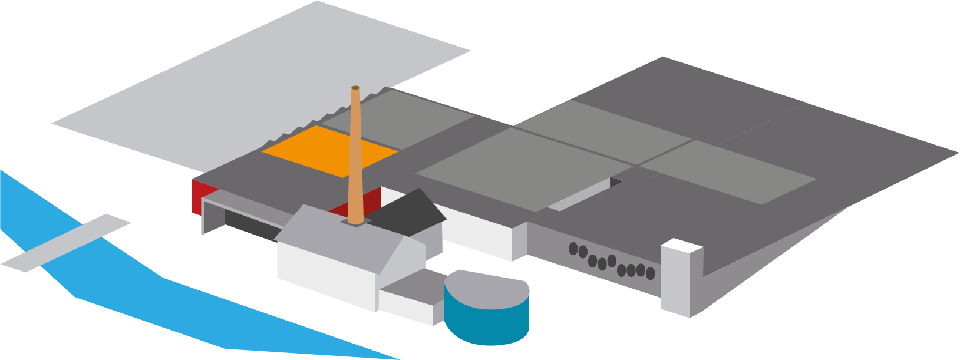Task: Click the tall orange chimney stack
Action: point(355,159)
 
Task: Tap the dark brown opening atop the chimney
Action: point(355,88)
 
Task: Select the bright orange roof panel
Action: point(330,151)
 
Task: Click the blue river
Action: point(177,306)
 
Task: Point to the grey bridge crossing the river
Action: point(65,243)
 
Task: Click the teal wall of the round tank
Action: point(486,324)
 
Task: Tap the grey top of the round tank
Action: point(486,289)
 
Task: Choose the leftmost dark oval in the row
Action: point(573,249)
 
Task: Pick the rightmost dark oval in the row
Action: point(650,273)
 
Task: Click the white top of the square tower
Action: point(681,245)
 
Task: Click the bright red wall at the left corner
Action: point(197,196)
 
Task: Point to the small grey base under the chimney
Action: point(355,222)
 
